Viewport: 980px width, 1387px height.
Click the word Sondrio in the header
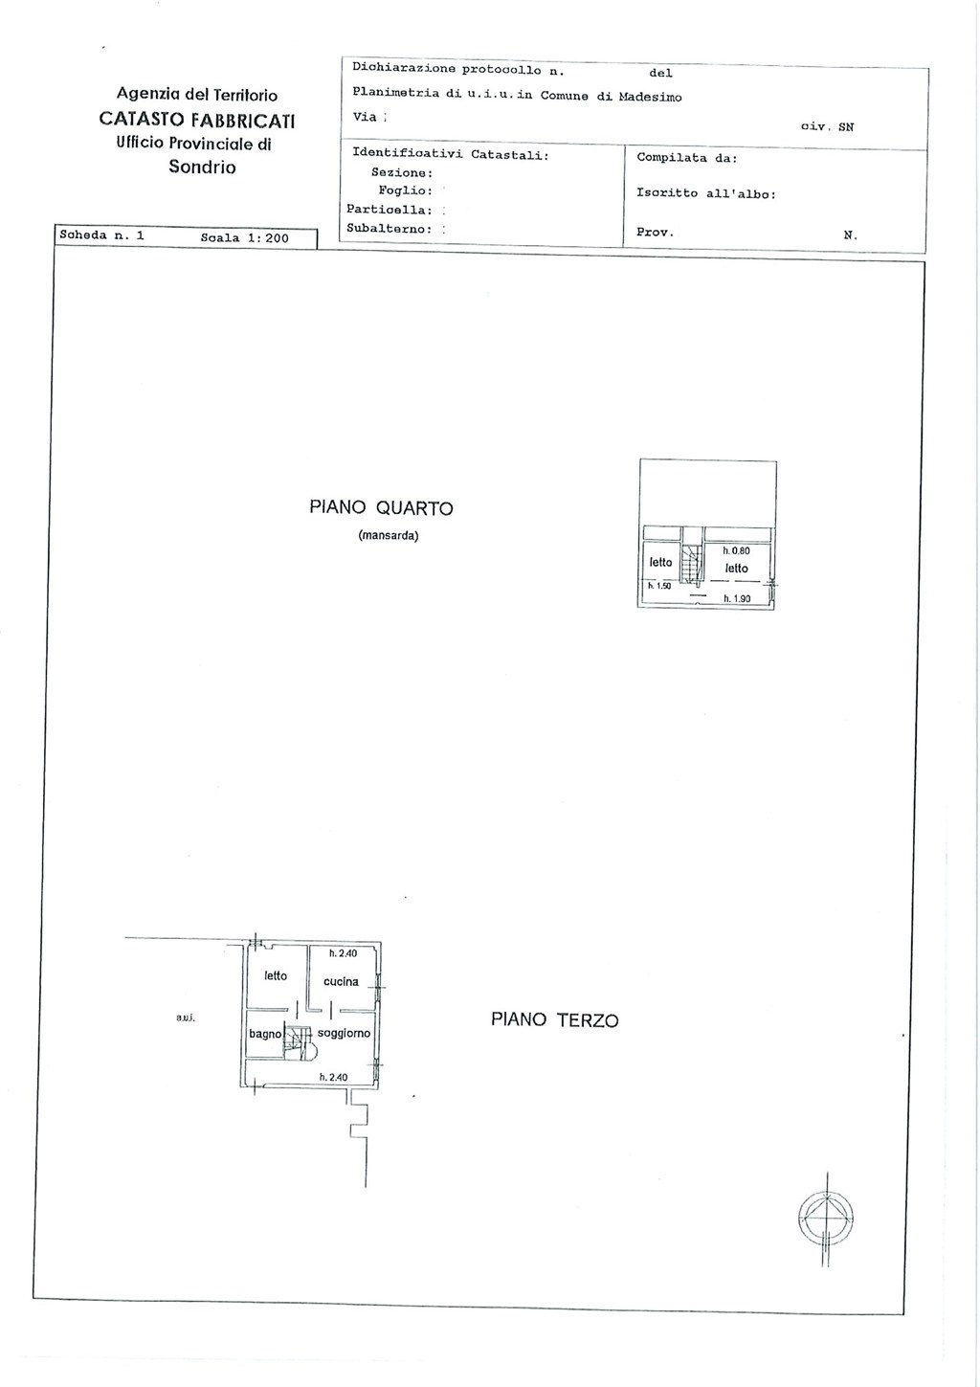(202, 168)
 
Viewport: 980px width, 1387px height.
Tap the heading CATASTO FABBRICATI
(197, 120)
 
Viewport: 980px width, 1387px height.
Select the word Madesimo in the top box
(650, 98)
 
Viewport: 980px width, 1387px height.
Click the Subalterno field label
(389, 229)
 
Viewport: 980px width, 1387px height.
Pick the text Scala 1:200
(245, 238)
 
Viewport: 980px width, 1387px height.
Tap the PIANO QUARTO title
(381, 508)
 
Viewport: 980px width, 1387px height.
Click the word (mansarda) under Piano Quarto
(389, 536)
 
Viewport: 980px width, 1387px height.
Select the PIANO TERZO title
(555, 1019)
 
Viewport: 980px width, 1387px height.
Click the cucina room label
(341, 981)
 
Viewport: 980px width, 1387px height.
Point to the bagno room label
(265, 1034)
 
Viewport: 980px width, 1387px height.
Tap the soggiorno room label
(344, 1033)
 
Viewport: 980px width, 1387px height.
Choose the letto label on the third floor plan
(276, 975)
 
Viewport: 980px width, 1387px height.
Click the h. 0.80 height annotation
(736, 550)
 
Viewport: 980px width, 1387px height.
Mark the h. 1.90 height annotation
(737, 598)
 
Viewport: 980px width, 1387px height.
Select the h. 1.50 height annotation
(659, 586)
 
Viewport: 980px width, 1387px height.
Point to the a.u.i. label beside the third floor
(186, 1018)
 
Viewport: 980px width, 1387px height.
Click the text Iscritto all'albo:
(706, 193)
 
